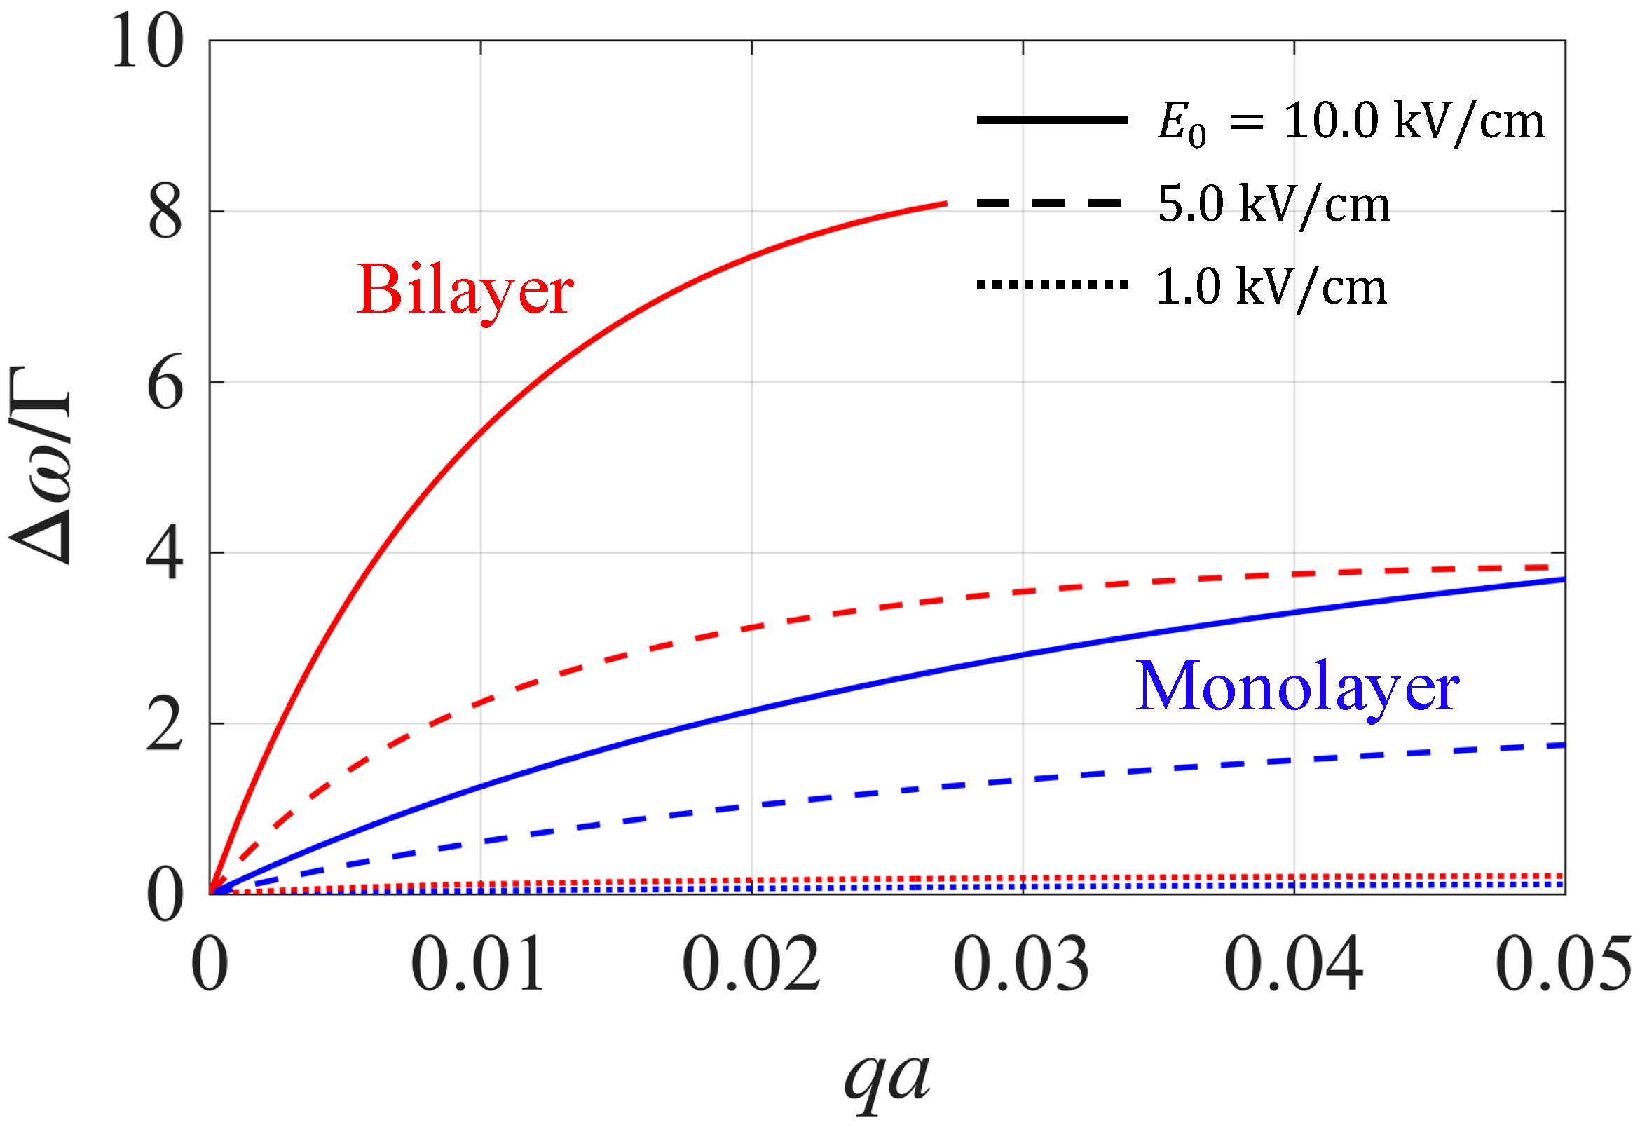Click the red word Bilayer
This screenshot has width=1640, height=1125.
[x=465, y=290]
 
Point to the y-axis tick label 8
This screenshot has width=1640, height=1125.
[x=166, y=213]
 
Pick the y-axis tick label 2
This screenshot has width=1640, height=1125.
[x=166, y=726]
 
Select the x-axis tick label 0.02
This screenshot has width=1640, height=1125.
[x=751, y=964]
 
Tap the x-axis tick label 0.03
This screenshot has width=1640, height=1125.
[x=1021, y=964]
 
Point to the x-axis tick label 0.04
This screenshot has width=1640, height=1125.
[x=1293, y=964]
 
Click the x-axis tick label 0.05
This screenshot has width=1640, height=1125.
[x=1562, y=964]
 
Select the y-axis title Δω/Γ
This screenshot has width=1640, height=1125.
[x=41, y=467]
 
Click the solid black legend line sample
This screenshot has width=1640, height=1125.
[x=1052, y=120]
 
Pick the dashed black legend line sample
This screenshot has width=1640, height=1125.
[x=1049, y=203]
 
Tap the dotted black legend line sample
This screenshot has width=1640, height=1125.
[x=1052, y=286]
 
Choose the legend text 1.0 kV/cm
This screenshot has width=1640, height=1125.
[x=1271, y=287]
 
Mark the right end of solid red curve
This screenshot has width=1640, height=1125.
[x=945, y=204]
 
